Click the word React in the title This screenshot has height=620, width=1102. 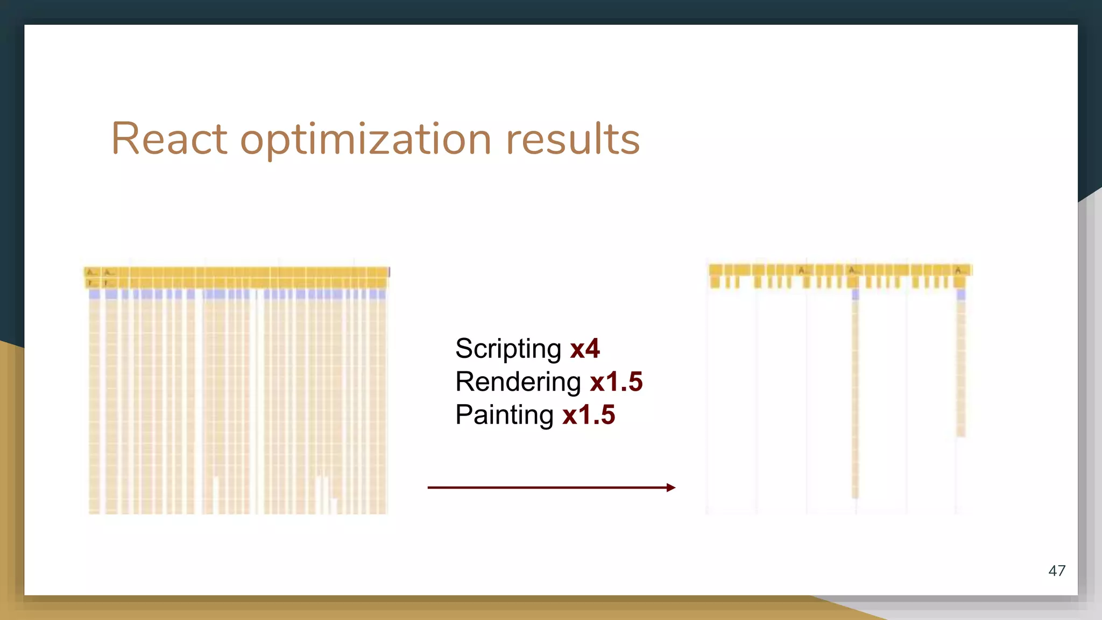pos(169,139)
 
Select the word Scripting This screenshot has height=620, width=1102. pos(508,349)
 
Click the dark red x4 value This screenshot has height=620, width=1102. pos(585,349)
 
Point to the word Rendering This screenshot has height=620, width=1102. pos(518,382)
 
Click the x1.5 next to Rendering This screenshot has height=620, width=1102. pos(616,382)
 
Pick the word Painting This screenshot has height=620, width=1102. pos(504,415)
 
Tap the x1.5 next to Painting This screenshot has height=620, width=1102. pos(589,415)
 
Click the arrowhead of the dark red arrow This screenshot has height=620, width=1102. pos(670,488)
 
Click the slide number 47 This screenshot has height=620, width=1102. pos(1057,570)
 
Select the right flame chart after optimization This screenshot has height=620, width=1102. pos(839,387)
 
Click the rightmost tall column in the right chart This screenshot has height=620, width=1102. pos(961,366)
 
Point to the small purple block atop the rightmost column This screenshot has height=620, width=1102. pos(961,294)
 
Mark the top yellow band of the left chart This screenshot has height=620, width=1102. pos(237,272)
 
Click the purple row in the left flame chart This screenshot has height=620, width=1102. pos(237,294)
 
